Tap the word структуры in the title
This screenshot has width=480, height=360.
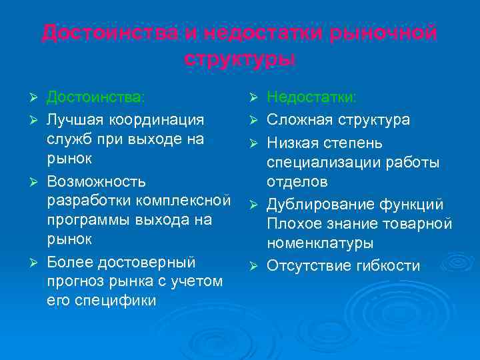[239, 58]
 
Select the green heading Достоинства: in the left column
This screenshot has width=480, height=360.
[95, 98]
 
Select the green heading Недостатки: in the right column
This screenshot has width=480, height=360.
[311, 98]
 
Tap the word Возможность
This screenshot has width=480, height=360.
[96, 181]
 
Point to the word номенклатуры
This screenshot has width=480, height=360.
[320, 244]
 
